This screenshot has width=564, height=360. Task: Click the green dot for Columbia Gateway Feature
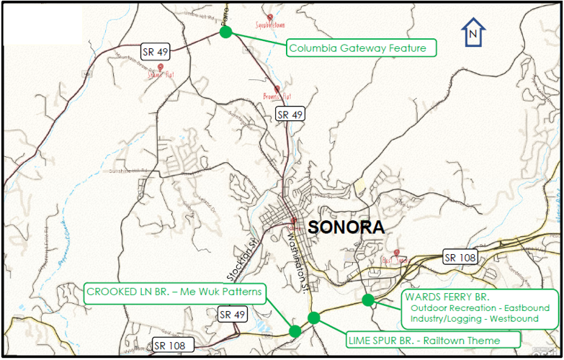tap(225, 32)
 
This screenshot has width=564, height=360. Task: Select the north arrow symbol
tap(473, 33)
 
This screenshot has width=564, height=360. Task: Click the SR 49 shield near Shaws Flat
tap(156, 50)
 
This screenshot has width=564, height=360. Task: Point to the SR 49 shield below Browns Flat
tap(291, 114)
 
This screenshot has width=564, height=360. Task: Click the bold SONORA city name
tap(346, 227)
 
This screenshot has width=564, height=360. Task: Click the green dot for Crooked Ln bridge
tap(295, 331)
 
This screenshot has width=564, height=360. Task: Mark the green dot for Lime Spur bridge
tap(313, 318)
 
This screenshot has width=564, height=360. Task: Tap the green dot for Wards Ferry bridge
tap(367, 300)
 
